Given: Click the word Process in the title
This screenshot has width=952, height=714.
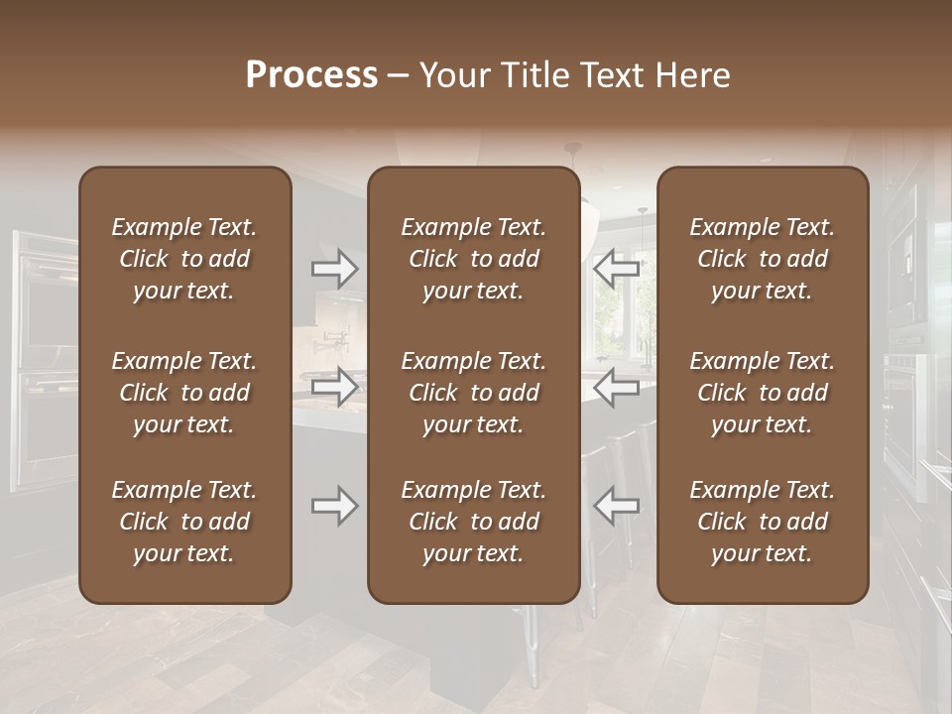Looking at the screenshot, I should [x=311, y=75].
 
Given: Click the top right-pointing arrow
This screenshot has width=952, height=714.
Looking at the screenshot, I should [x=334, y=269].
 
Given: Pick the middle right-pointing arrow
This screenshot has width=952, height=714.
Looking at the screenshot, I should [x=334, y=387].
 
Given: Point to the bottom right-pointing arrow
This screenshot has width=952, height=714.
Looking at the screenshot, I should [x=334, y=505].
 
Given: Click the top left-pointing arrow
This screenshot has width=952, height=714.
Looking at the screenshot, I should [x=616, y=269].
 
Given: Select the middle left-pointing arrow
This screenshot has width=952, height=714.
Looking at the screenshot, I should [x=616, y=387].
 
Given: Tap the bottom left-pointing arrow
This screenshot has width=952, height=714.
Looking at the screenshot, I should [x=616, y=505].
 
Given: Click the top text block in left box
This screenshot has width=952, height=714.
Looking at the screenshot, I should [x=184, y=259].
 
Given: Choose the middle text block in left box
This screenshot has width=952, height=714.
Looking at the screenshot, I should [x=184, y=393].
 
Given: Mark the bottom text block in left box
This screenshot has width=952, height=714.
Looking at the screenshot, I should [x=184, y=522].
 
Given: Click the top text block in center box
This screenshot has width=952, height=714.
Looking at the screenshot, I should [x=474, y=259].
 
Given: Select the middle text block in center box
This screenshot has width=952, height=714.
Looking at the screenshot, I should [x=474, y=393].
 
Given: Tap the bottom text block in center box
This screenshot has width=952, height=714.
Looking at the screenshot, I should [x=474, y=522].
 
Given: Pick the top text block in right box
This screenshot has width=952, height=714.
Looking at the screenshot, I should [x=763, y=259].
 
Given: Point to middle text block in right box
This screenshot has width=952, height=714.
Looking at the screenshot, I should [x=763, y=393].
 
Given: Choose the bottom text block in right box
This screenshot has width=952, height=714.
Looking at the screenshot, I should [x=763, y=522].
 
